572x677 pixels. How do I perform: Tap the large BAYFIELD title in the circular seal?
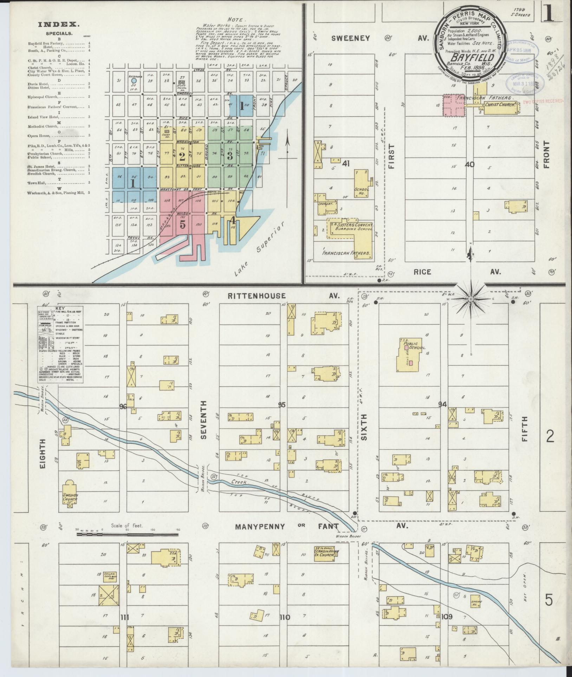[x=469, y=57]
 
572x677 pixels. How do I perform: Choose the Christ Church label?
[x=500, y=105]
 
